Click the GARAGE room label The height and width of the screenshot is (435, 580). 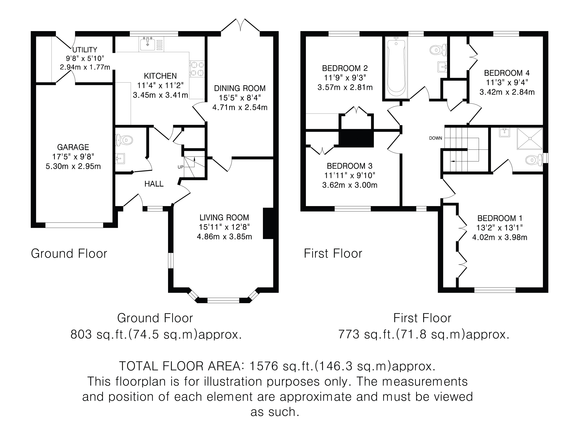73,147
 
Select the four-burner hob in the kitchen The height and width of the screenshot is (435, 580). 197,69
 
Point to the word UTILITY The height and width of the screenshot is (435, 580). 85,49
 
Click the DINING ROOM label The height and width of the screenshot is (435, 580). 240,88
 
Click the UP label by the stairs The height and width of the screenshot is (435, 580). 180,167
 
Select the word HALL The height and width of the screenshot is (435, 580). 154,184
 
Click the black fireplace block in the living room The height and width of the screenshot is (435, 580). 268,223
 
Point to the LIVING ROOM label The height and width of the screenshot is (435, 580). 224,217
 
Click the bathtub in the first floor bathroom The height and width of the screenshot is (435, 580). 396,68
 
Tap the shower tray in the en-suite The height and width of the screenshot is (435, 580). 530,139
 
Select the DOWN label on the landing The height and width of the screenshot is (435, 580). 435,138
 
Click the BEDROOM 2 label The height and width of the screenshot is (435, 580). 345,68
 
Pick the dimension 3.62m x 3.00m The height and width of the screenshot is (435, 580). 350,185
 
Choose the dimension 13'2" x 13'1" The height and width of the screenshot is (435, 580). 500,228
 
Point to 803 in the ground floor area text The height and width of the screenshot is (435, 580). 81,334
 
